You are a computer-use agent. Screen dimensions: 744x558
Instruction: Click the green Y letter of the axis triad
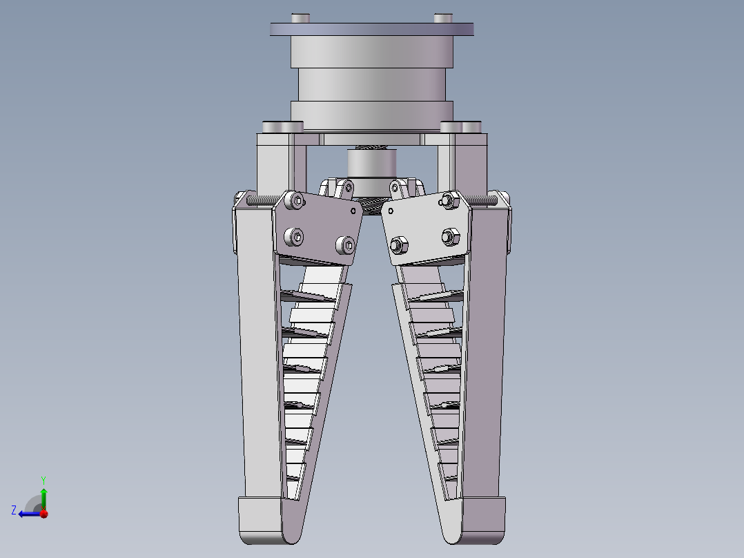click(43, 480)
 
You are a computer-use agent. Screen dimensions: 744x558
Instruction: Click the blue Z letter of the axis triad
click(14, 510)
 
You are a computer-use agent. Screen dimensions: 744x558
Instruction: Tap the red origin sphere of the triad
click(44, 513)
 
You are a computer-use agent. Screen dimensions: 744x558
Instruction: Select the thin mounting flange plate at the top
click(371, 29)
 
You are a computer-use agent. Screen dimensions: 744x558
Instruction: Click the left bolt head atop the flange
click(300, 18)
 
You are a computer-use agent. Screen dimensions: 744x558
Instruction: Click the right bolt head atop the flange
click(442, 18)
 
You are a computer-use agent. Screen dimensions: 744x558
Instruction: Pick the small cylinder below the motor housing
click(371, 163)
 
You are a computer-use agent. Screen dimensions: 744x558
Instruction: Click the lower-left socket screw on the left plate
click(294, 236)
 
